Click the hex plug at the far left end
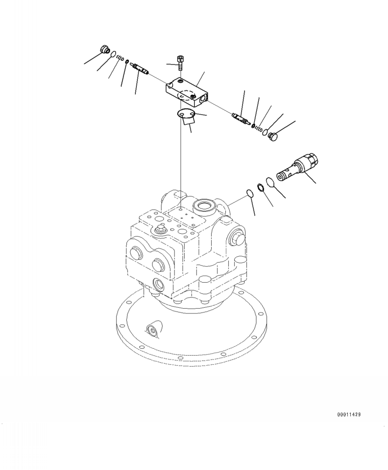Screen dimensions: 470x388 pos(104,49)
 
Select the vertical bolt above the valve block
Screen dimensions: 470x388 pos(180,63)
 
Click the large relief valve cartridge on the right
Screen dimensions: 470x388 pos(297,166)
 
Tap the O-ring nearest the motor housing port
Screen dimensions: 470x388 pos(249,193)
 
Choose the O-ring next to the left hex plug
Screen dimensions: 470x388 pos(113,54)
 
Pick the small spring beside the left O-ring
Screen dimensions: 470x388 pos(120,58)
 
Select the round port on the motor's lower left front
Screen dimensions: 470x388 pos(160,284)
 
